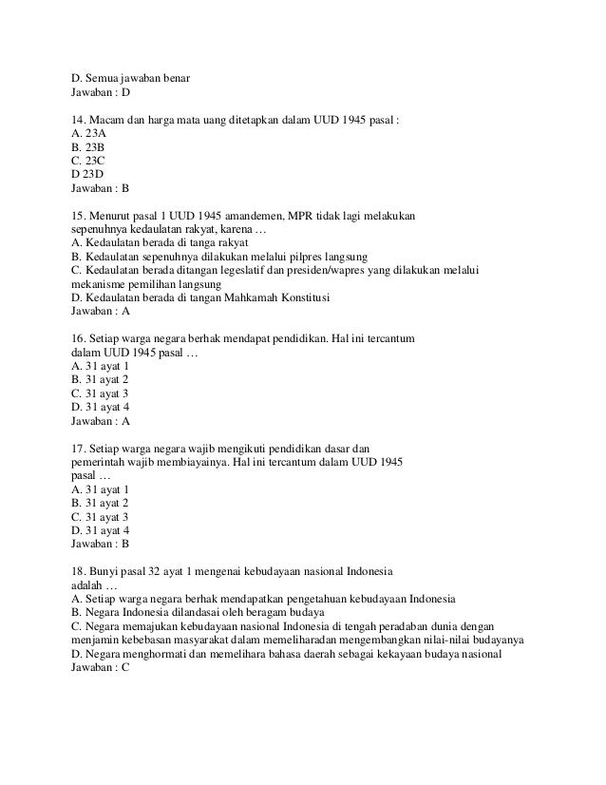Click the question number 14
point(80,121)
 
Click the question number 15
point(80,215)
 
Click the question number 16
point(80,338)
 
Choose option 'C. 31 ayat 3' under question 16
point(100,392)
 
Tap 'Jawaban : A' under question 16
point(101,420)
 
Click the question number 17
point(80,448)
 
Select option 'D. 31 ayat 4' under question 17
point(100,529)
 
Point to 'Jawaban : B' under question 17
point(101,544)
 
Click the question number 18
point(80,570)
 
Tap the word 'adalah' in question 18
point(86,584)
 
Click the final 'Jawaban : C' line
point(101,667)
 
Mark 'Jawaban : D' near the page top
point(101,93)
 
